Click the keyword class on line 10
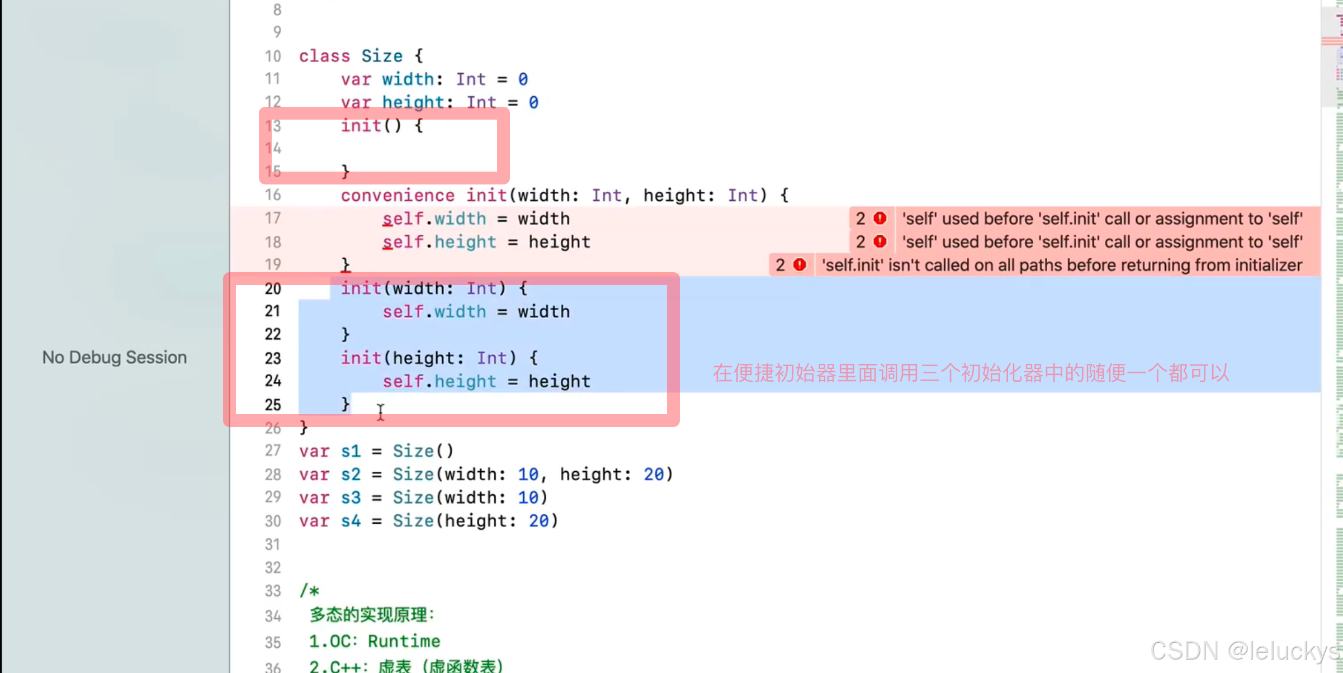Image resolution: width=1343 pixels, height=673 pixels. coord(324,56)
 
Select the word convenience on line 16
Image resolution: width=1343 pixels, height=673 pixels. coord(398,195)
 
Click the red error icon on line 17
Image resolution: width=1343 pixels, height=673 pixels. coord(880,218)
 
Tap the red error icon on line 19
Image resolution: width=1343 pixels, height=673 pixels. coord(800,264)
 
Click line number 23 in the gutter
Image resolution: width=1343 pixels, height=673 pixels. coord(273,358)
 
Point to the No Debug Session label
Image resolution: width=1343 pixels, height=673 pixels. coord(115,357)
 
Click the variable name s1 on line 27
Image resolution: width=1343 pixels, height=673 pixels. coord(351,451)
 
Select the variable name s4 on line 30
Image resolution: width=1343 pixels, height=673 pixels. coord(351,521)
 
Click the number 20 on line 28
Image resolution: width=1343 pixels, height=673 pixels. coord(653,474)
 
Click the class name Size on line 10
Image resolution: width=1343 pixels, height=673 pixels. coord(381,56)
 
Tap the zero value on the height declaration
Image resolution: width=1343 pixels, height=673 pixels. coord(533,102)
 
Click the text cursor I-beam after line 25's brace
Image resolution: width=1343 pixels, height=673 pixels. coord(381,413)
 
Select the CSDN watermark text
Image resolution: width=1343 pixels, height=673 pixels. coord(1244,651)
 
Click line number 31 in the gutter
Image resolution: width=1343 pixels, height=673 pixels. coord(272,544)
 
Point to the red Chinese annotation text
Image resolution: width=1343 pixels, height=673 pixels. coord(971,373)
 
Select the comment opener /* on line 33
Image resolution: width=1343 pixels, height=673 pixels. coord(310,591)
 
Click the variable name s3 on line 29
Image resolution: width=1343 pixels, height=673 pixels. coord(351,497)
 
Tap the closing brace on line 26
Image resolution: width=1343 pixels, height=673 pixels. coord(304,428)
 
